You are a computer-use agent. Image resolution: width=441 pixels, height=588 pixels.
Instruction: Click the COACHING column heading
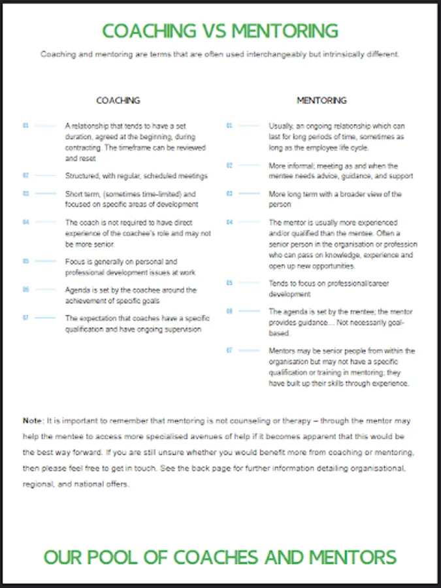click(x=118, y=101)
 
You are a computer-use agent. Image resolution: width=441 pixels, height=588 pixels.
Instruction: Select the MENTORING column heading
click(x=321, y=101)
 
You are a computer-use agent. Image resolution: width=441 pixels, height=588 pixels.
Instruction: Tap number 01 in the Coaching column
click(x=26, y=125)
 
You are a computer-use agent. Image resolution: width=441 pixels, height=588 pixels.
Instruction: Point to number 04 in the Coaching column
click(x=26, y=222)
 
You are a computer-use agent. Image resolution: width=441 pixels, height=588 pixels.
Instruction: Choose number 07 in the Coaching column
click(x=26, y=318)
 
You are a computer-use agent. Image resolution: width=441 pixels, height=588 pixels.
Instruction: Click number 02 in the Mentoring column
click(x=230, y=166)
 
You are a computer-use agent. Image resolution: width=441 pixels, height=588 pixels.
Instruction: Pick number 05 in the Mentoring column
click(x=230, y=283)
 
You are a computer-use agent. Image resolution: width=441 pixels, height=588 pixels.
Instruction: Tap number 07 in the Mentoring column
click(x=230, y=351)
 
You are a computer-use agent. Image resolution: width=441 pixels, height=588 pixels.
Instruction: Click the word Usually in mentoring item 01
click(x=282, y=125)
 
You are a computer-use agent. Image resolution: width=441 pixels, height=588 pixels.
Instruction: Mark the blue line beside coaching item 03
click(x=46, y=194)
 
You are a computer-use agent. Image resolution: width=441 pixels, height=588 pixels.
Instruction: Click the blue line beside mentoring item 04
click(x=249, y=222)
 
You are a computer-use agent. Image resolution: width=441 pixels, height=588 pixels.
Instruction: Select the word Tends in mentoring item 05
click(x=279, y=284)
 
